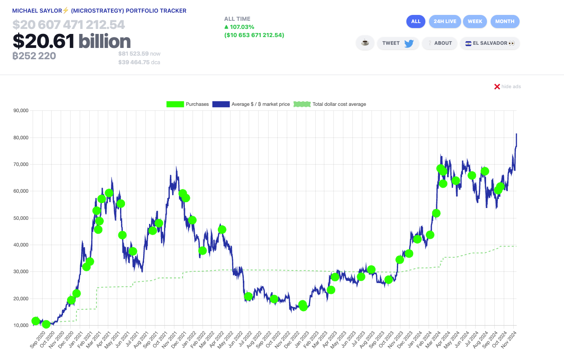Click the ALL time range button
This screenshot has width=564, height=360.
[416, 21]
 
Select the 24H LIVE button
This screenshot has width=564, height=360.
[445, 21]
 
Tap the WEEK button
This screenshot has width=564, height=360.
[475, 21]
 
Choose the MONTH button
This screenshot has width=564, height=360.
[505, 21]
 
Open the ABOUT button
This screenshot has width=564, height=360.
[439, 43]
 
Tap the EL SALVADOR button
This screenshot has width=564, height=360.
[490, 43]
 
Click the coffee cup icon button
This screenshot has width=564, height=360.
[365, 43]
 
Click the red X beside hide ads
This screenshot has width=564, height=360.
[497, 86]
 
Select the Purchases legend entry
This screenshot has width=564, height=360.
[188, 104]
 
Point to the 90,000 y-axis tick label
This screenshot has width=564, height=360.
[21, 110]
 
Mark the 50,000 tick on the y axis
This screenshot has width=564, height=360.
[21, 218]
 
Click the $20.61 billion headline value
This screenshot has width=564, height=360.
[72, 42]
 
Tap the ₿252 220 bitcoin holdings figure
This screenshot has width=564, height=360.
[34, 56]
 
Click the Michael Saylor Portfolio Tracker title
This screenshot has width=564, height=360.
[99, 10]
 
